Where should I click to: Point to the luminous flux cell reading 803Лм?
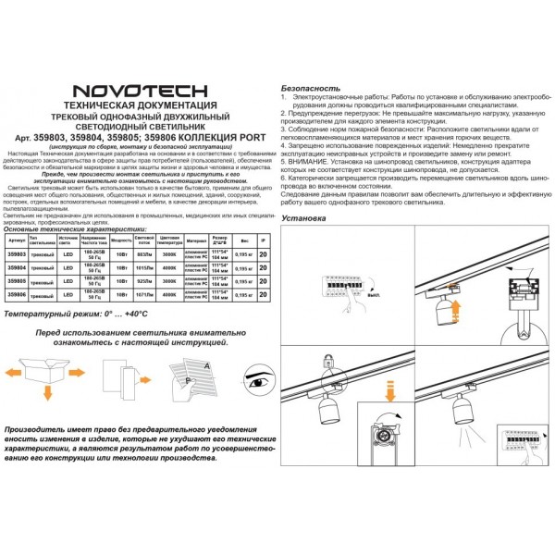coord(144,252)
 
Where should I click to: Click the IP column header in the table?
coord(265,238)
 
